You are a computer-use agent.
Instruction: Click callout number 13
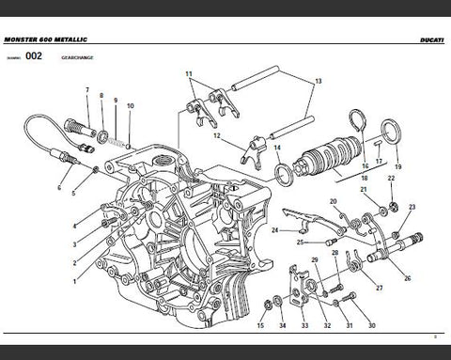[x=319, y=82]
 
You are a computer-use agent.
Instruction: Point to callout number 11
[x=188, y=73]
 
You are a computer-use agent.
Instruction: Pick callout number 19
[x=397, y=166]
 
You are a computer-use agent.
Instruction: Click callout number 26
[x=407, y=278]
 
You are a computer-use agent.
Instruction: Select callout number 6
[x=58, y=188]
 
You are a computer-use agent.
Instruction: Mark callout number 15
[x=260, y=326]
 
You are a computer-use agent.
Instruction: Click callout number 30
[x=371, y=326]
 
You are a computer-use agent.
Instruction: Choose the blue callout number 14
[x=277, y=148]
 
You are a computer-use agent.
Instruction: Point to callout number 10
[x=130, y=106]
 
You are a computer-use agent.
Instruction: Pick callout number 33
[x=304, y=326]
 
